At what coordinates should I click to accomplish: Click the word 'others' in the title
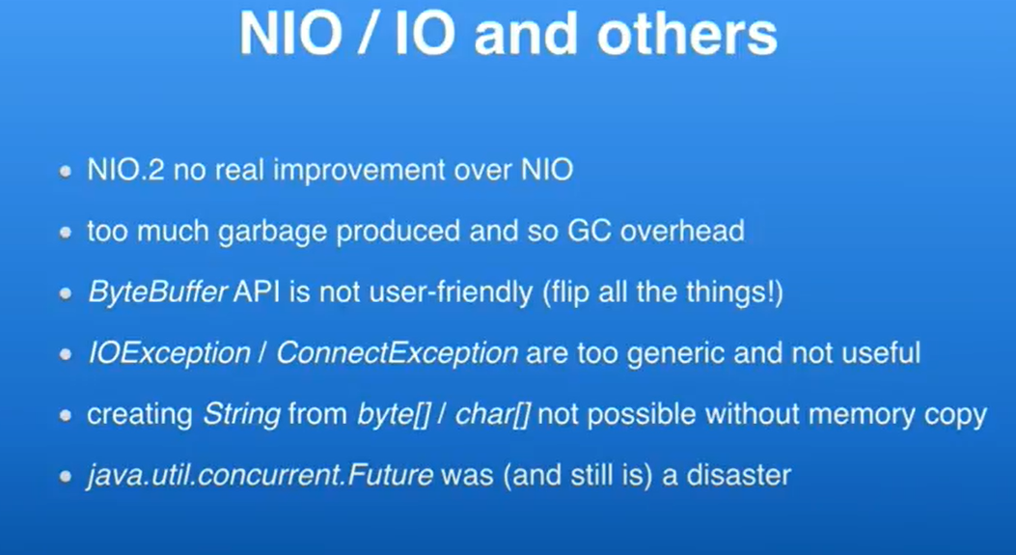click(687, 34)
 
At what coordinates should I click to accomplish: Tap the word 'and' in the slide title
click(526, 34)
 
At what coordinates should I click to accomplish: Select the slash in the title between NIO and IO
click(368, 34)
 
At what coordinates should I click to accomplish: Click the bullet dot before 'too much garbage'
click(65, 232)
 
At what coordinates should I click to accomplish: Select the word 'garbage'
click(273, 233)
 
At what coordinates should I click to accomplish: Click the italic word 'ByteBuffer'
click(157, 292)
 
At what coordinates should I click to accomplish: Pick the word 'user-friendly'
click(451, 292)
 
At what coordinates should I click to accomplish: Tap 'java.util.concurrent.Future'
click(261, 476)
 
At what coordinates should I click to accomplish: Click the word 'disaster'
click(739, 476)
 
